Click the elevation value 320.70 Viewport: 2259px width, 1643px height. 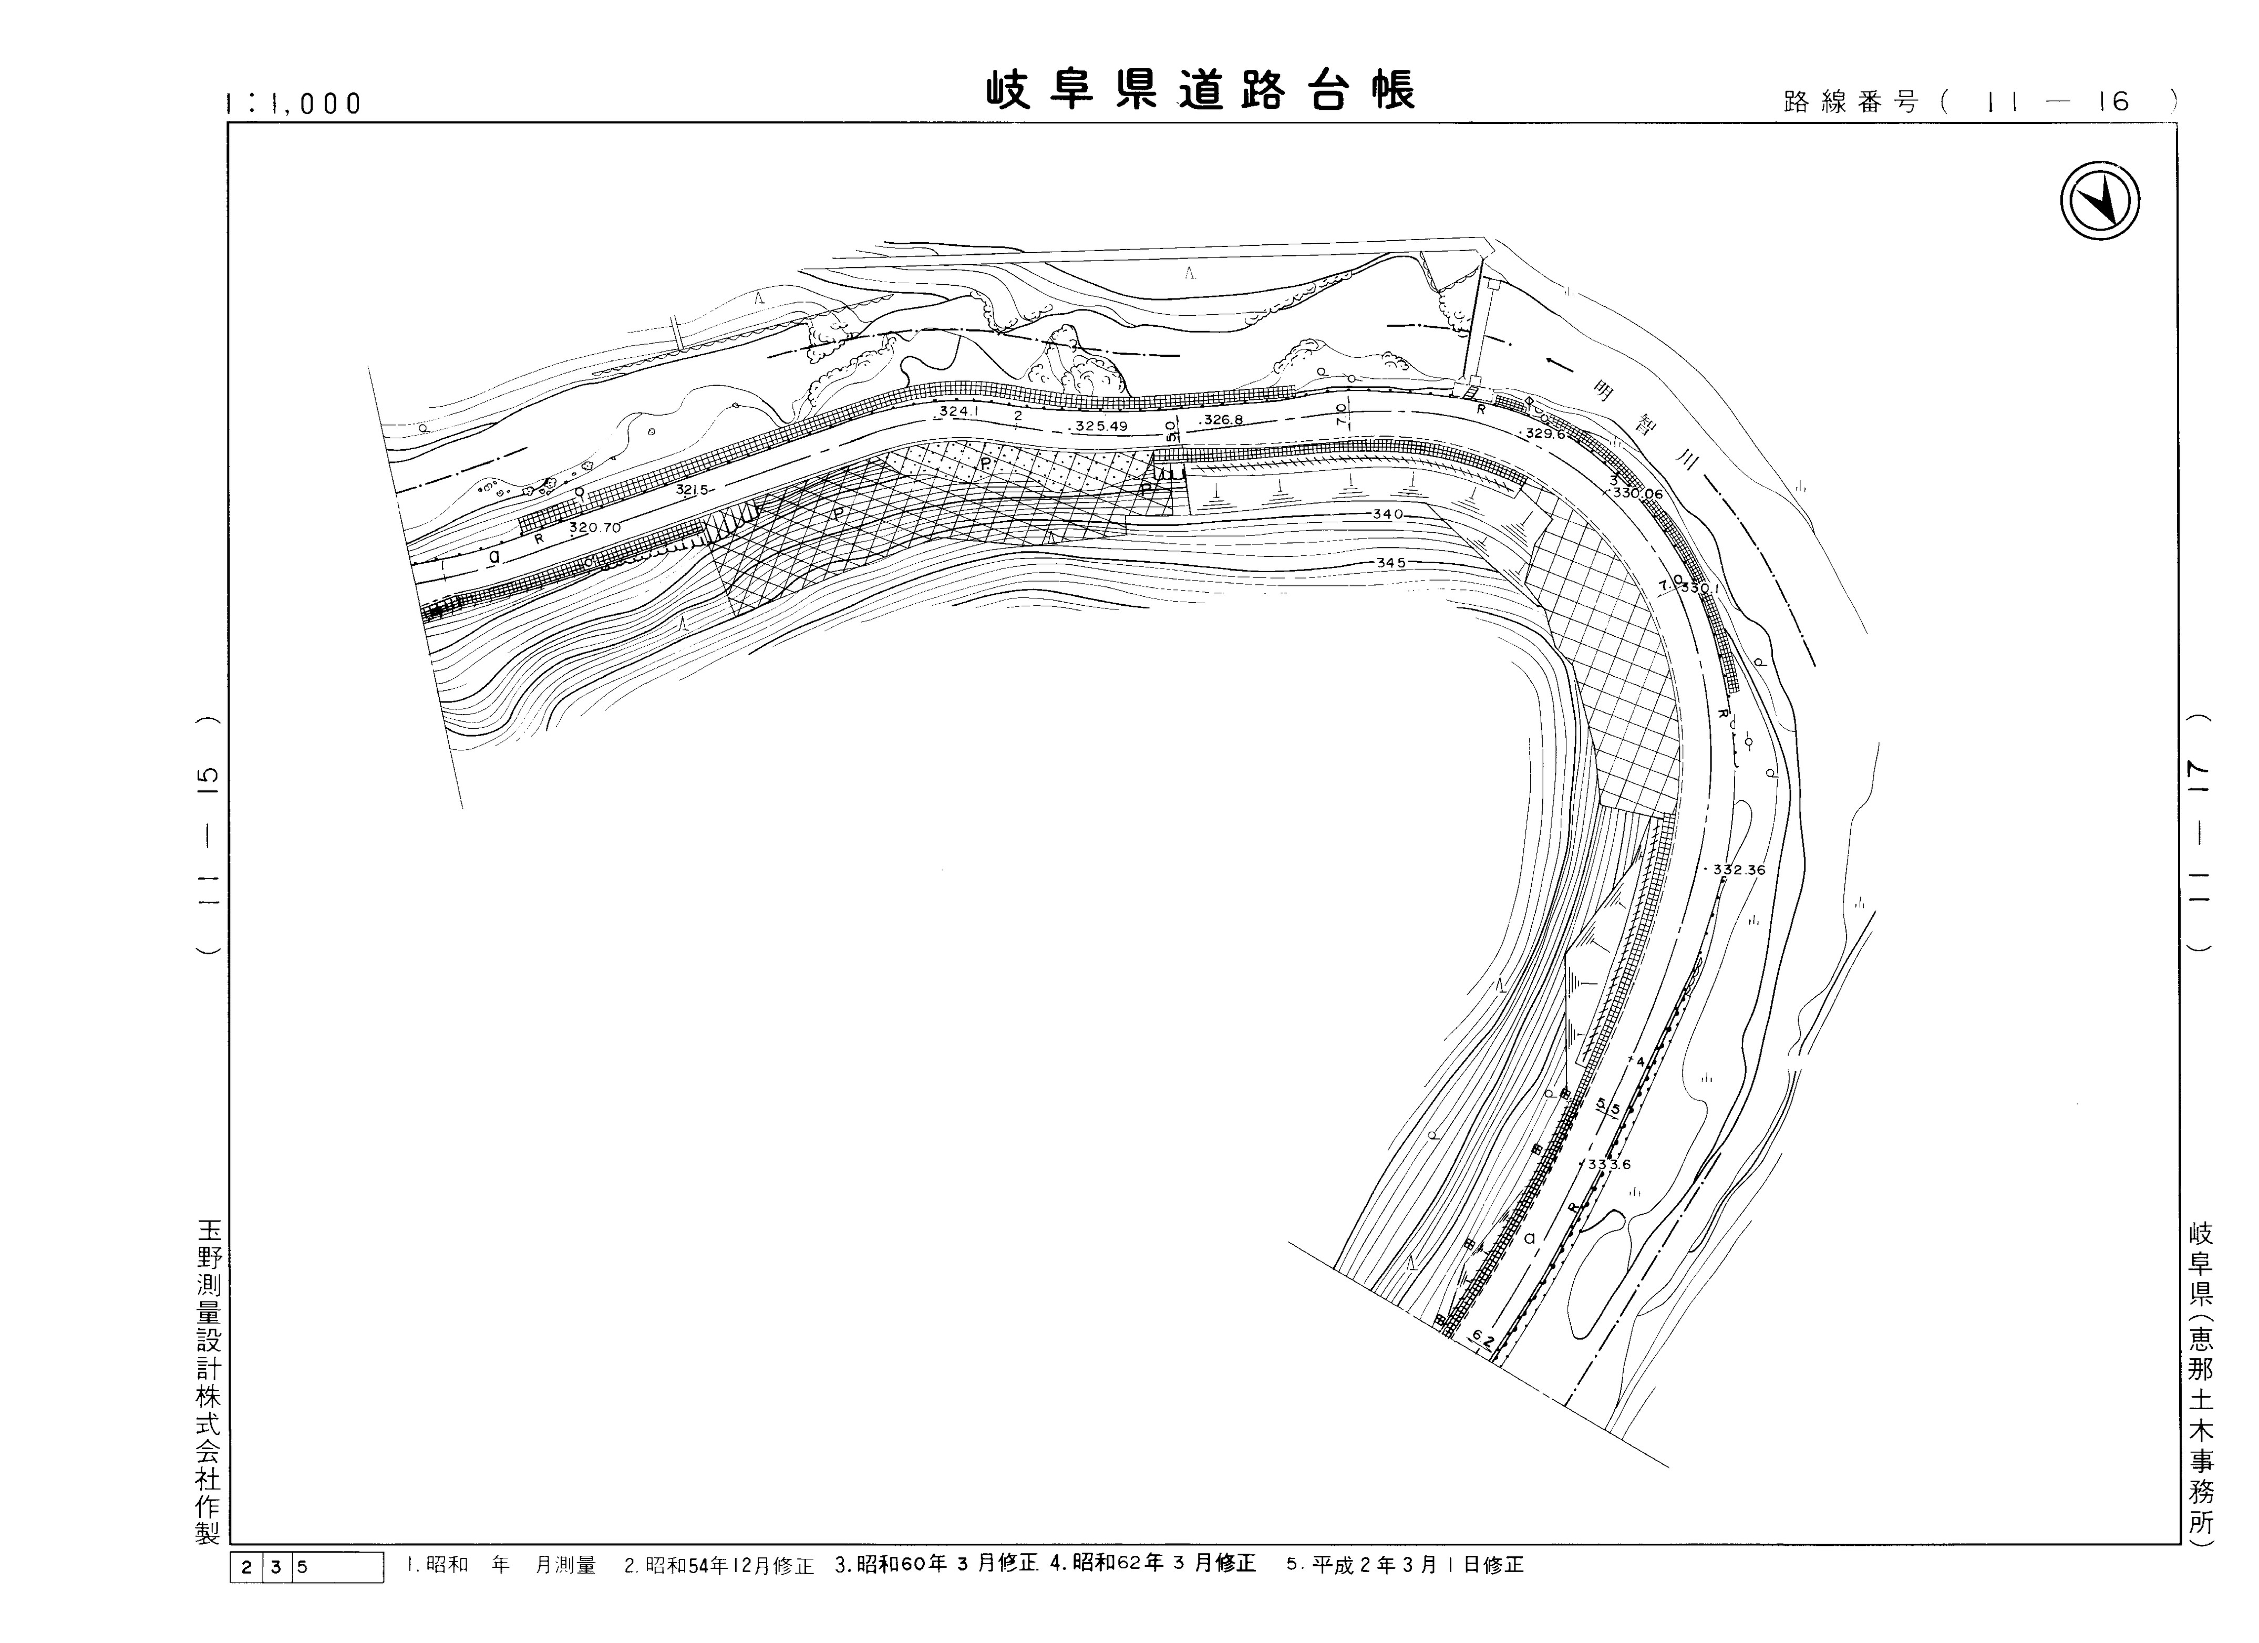[x=595, y=528]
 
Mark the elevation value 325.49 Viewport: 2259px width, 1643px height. [x=1101, y=426]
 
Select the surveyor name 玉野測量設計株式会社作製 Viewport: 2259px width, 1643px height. [x=207, y=1384]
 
